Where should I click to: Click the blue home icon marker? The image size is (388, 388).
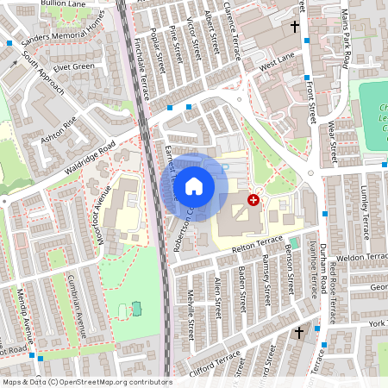point(194,185)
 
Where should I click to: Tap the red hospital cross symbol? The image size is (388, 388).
point(253,199)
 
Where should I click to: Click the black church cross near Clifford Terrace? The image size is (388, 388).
point(299,332)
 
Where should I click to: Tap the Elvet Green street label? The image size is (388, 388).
point(72,66)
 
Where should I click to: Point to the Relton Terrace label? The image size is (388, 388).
point(258,243)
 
